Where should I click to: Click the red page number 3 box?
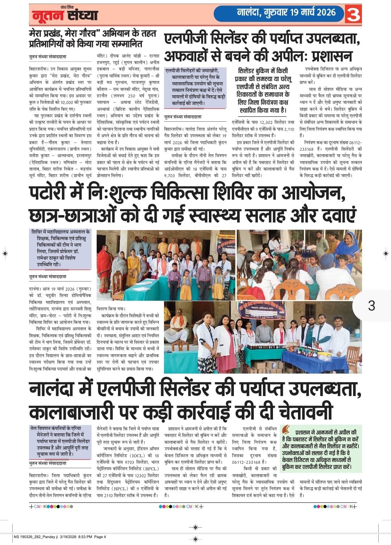(x=353, y=15)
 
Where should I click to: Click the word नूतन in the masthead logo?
(x=47, y=16)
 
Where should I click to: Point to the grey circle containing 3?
(x=371, y=305)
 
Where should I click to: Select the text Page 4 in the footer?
(x=100, y=537)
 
